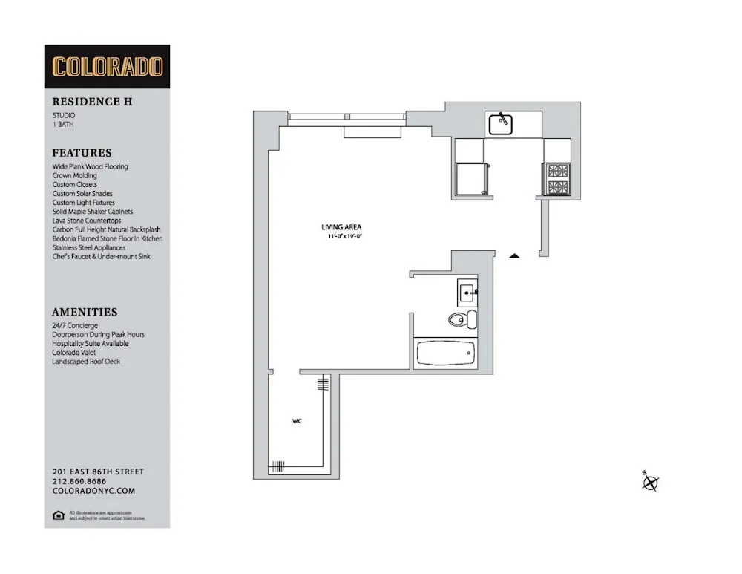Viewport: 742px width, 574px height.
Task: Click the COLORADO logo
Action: (107, 67)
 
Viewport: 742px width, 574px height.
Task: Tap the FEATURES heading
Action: (82, 153)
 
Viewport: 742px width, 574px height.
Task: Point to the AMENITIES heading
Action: (85, 313)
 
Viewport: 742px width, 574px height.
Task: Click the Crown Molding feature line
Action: (74, 176)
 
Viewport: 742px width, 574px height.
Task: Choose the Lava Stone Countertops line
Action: (86, 221)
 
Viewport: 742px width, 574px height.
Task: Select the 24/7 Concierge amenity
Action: (75, 326)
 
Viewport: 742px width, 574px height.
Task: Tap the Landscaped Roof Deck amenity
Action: (86, 362)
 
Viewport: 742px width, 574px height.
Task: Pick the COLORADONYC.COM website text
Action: (93, 491)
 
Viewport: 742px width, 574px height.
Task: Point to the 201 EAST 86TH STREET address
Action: (98, 472)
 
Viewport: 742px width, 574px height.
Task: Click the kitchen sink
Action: (500, 124)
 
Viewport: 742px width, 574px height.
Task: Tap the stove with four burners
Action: (556, 177)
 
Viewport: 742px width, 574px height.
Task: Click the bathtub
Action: (445, 353)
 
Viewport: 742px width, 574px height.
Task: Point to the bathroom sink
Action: (467, 292)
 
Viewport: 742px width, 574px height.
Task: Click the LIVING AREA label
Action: (341, 227)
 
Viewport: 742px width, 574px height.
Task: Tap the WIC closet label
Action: (297, 421)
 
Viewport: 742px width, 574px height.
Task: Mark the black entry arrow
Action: (514, 256)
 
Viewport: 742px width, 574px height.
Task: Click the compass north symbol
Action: (650, 482)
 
